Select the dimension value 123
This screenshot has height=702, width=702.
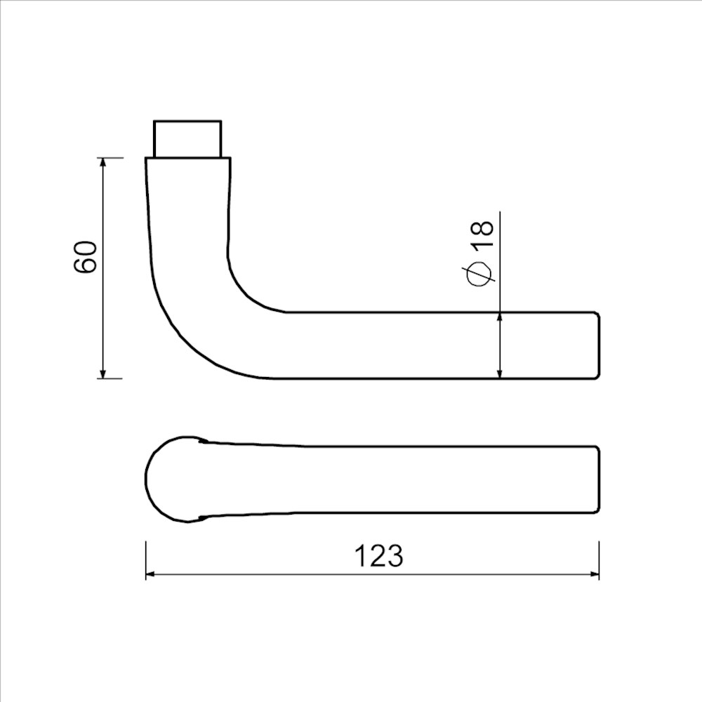[378, 556]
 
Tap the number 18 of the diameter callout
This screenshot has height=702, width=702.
[483, 234]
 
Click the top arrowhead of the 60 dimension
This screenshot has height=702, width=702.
[103, 163]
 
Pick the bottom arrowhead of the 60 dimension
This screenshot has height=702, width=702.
[103, 373]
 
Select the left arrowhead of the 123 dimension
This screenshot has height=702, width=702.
[150, 575]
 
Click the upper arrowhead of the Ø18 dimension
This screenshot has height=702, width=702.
[499, 318]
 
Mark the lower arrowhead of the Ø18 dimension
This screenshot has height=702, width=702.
[499, 373]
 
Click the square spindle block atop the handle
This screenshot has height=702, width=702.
[187, 138]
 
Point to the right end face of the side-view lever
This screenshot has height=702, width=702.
[599, 345]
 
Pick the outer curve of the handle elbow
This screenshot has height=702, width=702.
[180, 338]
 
